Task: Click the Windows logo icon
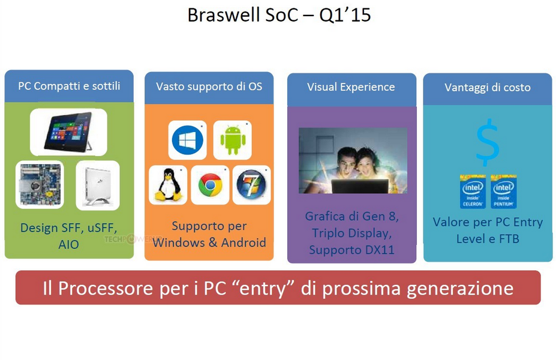click(x=187, y=140)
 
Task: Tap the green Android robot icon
click(x=233, y=140)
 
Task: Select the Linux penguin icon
click(x=168, y=185)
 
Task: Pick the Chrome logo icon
click(x=210, y=185)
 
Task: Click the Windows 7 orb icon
click(x=251, y=185)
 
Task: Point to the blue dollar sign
click(x=488, y=143)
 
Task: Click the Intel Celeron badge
click(x=473, y=191)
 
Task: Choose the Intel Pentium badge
click(x=504, y=191)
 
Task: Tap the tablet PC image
click(x=68, y=132)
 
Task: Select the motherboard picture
click(x=40, y=184)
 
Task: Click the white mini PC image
click(x=98, y=185)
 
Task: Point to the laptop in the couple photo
click(x=360, y=186)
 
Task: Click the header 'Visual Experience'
click(x=351, y=87)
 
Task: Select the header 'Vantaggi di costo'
click(x=488, y=87)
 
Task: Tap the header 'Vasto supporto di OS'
click(x=209, y=86)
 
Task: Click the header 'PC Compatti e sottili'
click(x=69, y=86)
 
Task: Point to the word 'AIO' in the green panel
click(x=69, y=244)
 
